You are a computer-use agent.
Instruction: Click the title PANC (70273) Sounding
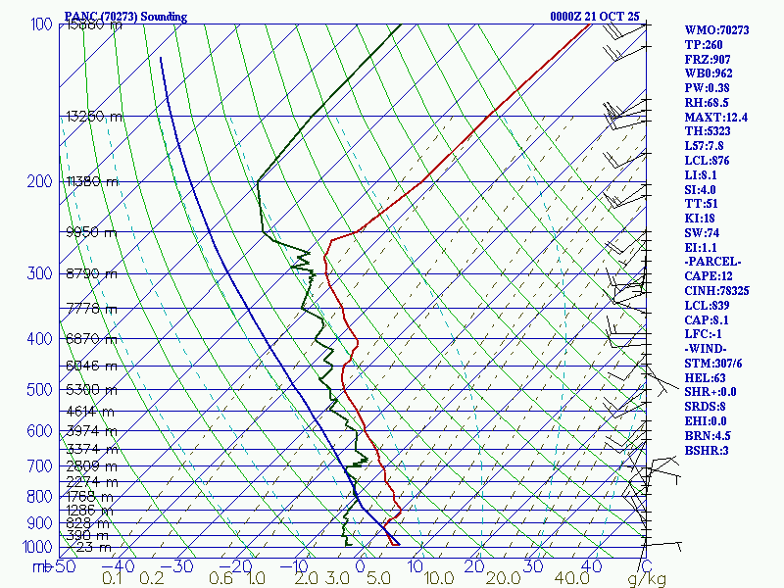(125, 17)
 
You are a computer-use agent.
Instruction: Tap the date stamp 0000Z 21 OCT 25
(595, 17)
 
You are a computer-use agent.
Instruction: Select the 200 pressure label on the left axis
(38, 182)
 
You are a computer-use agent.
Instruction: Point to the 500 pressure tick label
(38, 390)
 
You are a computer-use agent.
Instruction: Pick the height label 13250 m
(94, 117)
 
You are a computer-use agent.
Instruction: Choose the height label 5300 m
(90, 390)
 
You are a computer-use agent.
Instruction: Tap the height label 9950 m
(90, 233)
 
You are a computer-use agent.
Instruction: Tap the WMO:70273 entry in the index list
(716, 30)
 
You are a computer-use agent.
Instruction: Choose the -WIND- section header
(710, 349)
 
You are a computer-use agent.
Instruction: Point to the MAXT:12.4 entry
(716, 117)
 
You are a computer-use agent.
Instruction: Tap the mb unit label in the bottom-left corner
(42, 566)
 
